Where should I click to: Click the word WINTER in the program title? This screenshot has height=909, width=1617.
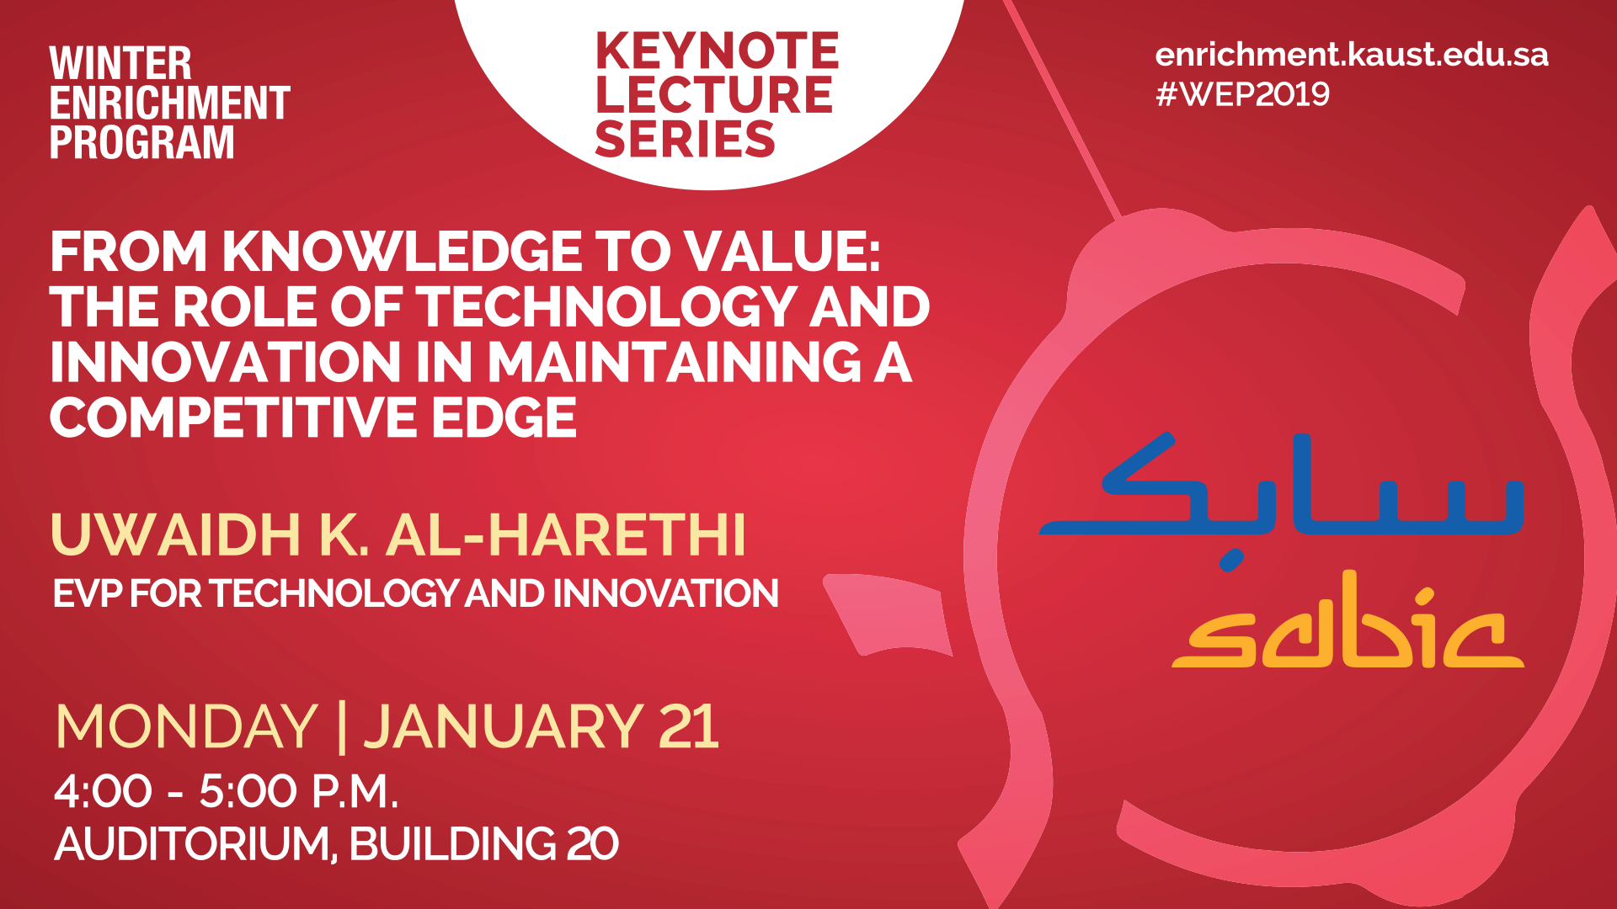120,64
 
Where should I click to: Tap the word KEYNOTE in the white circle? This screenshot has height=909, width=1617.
717,50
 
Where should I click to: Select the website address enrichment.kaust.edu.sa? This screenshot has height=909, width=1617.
1352,55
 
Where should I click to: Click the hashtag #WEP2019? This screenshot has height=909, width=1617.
1243,93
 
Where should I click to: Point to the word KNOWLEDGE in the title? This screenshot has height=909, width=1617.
400,252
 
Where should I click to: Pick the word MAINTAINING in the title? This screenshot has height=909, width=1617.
675,362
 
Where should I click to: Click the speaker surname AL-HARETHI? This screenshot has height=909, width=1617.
566,534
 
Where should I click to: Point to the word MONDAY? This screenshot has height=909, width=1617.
186,726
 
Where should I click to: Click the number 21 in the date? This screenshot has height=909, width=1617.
689,726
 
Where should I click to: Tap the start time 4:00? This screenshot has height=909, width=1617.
103,792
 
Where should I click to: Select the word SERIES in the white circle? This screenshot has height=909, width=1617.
685,139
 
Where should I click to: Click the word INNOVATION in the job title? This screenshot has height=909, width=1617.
665,593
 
